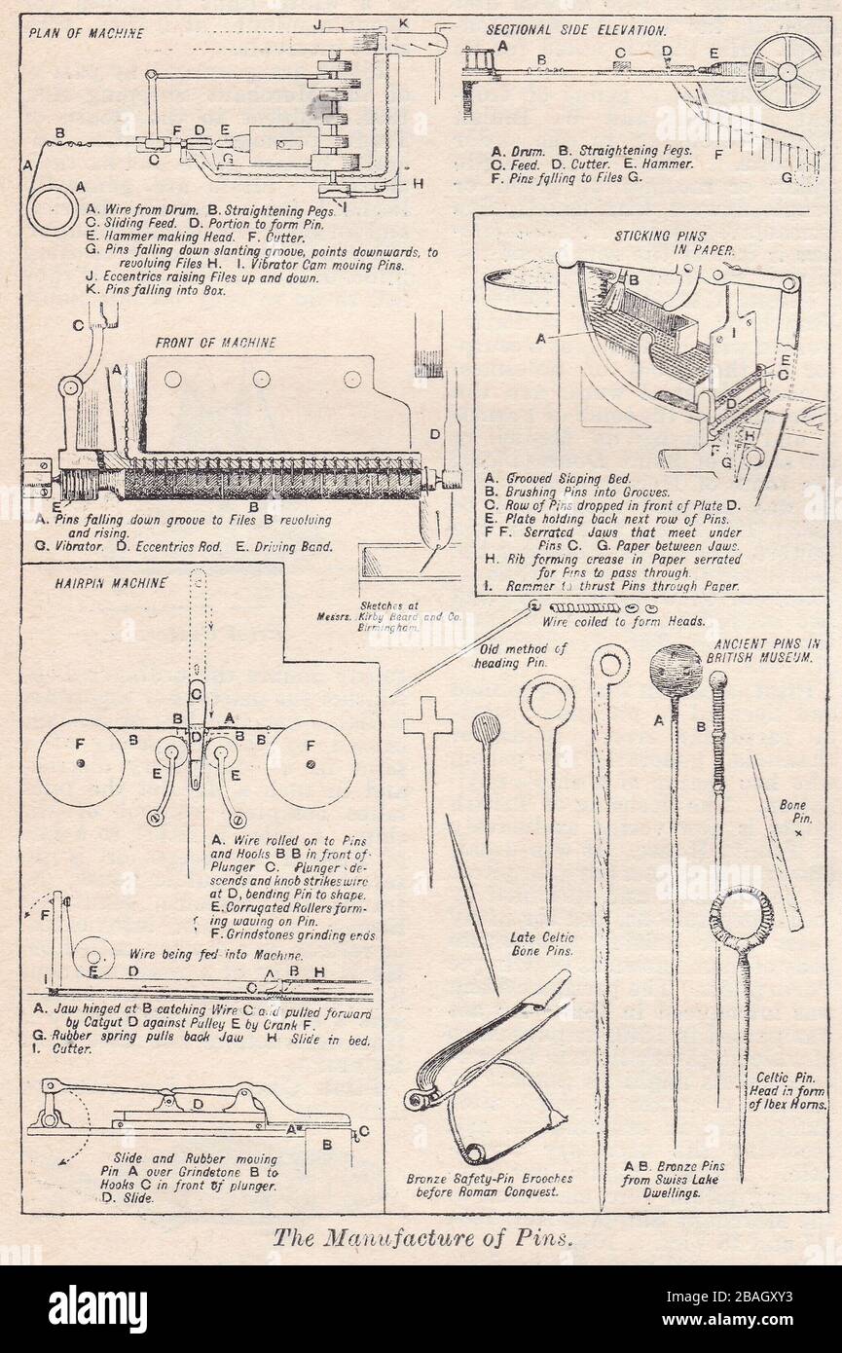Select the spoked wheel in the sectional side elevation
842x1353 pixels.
point(785,71)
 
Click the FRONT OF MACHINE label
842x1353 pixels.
point(216,343)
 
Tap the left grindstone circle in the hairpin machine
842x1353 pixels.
point(81,763)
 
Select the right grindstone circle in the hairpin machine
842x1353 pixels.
point(311,763)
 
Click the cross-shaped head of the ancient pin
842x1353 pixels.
point(428,720)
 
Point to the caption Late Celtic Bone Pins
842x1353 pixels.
point(542,943)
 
